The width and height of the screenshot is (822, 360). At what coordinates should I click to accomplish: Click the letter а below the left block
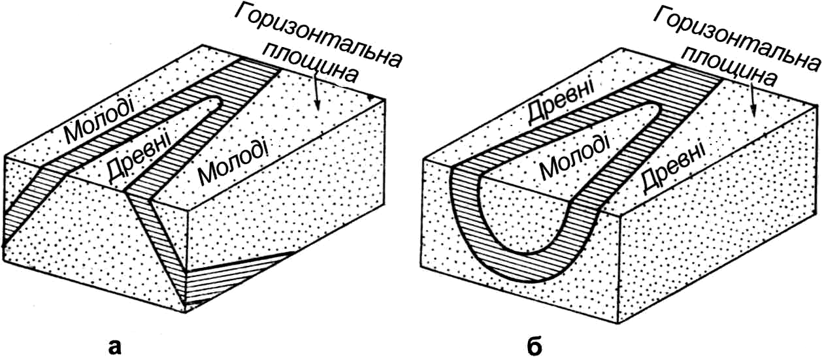115,347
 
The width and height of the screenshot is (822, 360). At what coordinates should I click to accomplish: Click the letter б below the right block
535,346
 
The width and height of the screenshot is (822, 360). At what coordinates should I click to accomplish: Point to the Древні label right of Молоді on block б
674,167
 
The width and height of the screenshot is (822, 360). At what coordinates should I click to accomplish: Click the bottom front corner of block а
186,312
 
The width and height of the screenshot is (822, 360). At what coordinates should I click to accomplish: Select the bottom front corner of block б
619,323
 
